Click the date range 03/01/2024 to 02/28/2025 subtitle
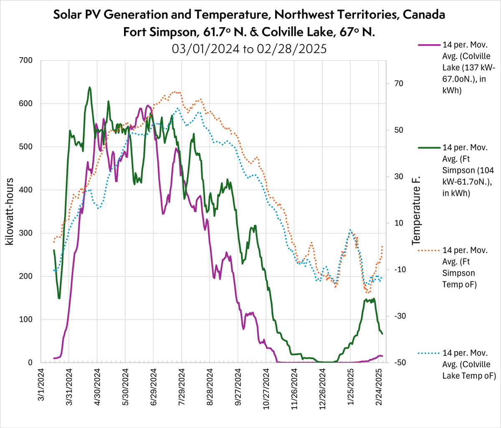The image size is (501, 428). pyautogui.click(x=249, y=48)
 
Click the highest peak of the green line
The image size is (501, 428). pyautogui.click(x=90, y=87)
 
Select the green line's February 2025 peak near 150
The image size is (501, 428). pyautogui.click(x=373, y=299)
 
